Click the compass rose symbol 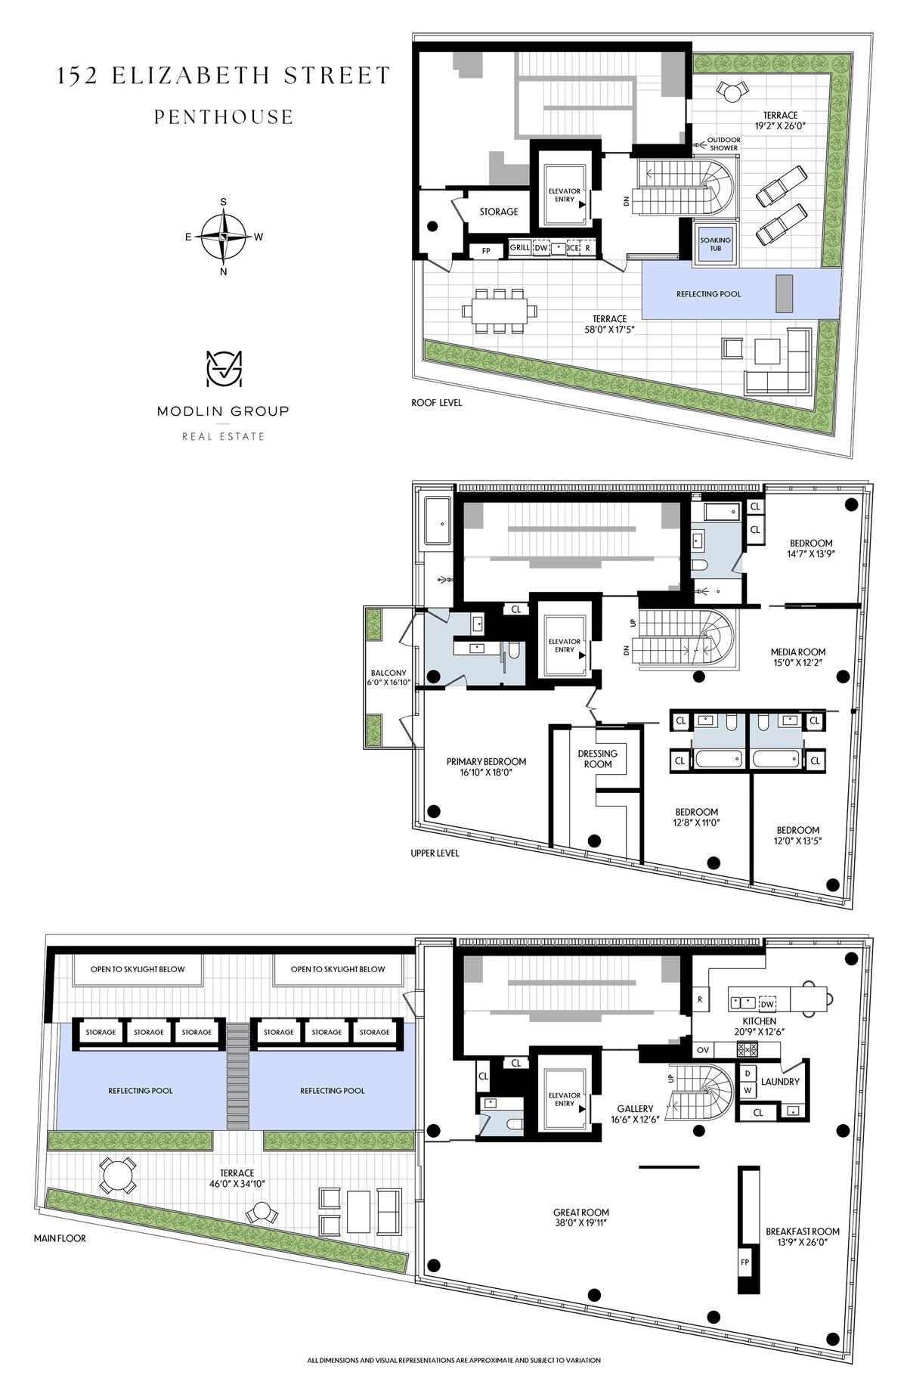click(224, 236)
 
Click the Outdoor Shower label click(723, 144)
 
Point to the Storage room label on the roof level click(499, 212)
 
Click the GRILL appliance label click(520, 247)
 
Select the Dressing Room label click(598, 758)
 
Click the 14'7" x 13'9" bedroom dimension click(812, 553)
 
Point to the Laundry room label click(780, 1082)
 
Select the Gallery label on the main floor click(634, 1109)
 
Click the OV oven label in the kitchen click(702, 1050)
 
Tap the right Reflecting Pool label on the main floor click(333, 1091)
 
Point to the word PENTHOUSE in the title click(224, 117)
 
